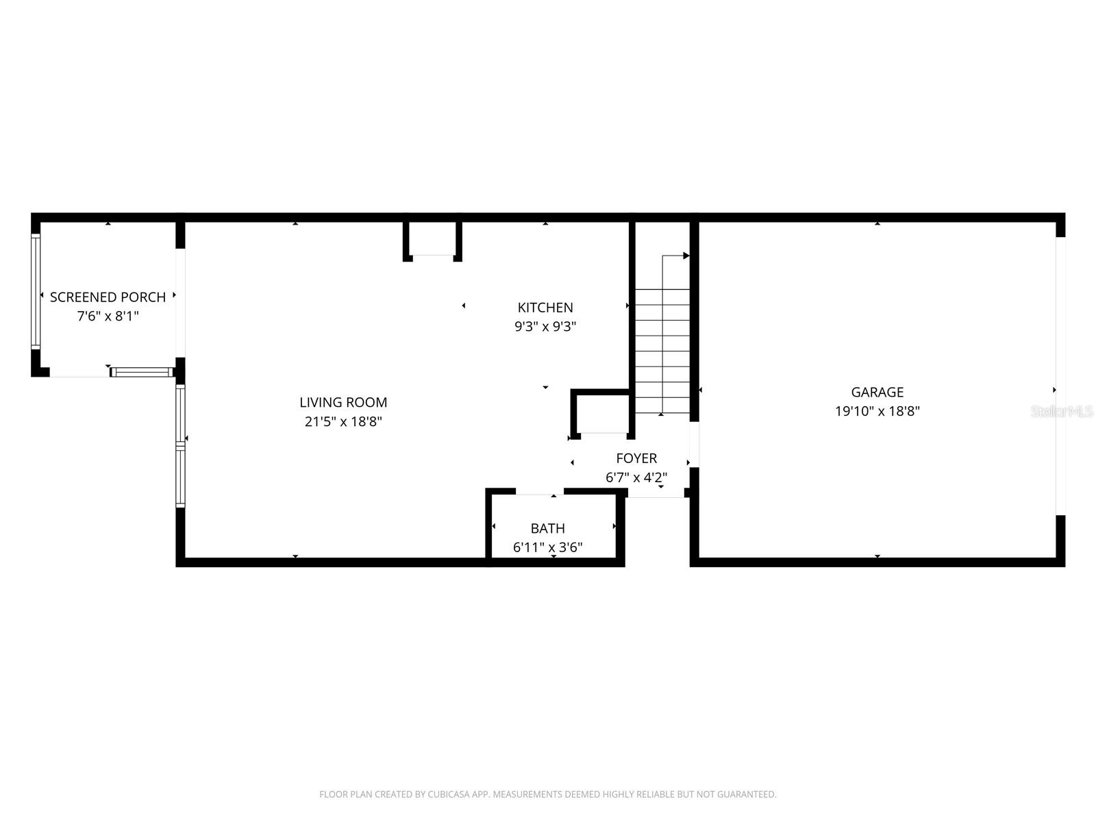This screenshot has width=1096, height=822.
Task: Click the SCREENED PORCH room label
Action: point(108,297)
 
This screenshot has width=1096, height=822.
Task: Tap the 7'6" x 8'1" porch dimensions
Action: point(108,316)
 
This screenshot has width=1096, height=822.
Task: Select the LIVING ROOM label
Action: point(343,403)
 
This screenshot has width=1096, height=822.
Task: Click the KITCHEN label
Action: point(545,308)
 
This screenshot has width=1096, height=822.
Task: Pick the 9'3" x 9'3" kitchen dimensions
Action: point(545,327)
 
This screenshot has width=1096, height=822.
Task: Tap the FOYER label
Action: point(636,458)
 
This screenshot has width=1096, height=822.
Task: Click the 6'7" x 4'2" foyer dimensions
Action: point(636,477)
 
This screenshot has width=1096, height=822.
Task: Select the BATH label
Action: point(547,528)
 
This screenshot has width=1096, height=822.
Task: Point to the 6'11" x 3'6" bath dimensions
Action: point(547,547)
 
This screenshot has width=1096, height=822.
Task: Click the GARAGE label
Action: point(877,393)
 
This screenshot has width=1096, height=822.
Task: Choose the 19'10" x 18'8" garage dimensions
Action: point(877,412)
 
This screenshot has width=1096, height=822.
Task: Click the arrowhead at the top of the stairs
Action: point(686,256)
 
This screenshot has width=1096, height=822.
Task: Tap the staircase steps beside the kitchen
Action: point(662,349)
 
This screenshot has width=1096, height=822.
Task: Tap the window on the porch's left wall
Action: point(36,291)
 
